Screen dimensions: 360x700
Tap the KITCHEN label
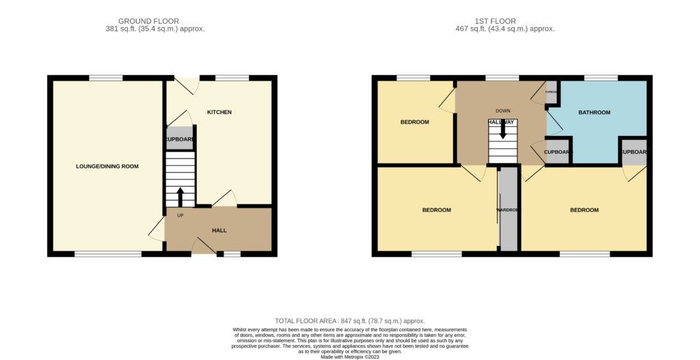click(x=219, y=112)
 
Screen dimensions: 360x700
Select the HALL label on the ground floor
click(x=219, y=230)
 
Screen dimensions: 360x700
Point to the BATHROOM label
click(x=594, y=112)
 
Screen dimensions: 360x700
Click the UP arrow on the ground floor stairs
click(x=180, y=197)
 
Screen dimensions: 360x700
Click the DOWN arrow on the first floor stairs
click(x=502, y=129)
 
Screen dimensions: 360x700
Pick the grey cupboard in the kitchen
click(x=180, y=139)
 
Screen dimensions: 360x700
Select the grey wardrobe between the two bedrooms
click(x=508, y=209)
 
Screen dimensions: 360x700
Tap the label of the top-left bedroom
click(x=414, y=122)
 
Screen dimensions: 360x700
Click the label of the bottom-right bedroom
click(x=584, y=210)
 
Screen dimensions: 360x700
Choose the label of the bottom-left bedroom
click(x=436, y=210)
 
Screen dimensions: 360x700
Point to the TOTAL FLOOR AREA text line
click(x=349, y=321)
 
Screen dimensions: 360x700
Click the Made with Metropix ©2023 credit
click(x=350, y=356)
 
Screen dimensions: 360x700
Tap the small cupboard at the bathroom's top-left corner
click(x=552, y=91)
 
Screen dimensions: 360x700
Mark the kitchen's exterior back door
click(x=186, y=84)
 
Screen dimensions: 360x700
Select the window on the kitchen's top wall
click(x=232, y=78)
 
